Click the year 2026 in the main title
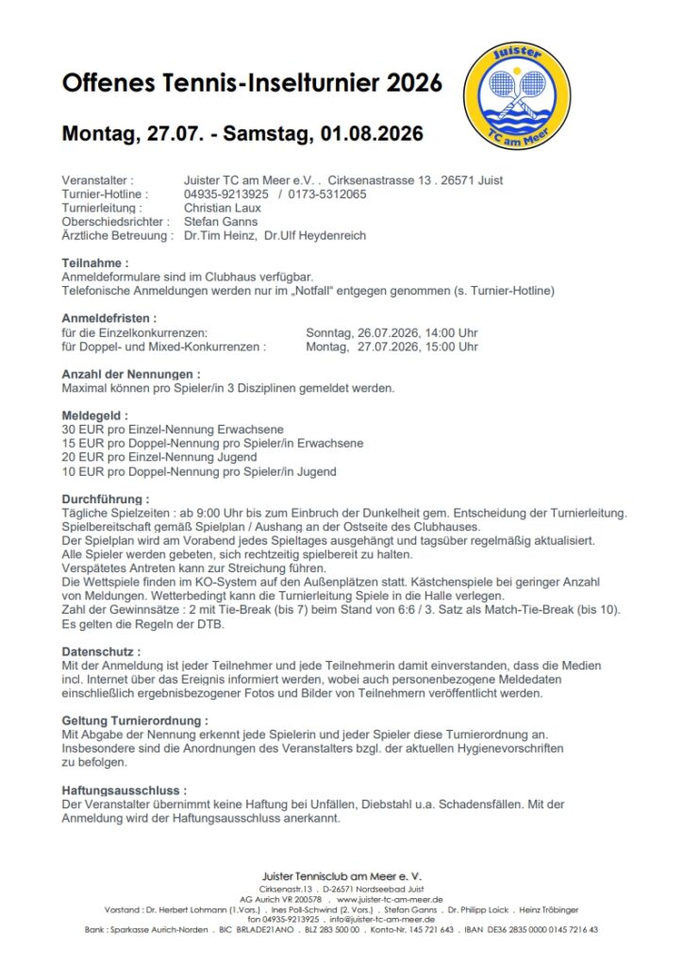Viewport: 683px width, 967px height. [x=413, y=83]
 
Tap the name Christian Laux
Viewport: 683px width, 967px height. [x=224, y=208]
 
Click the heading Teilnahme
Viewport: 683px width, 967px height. [x=95, y=263]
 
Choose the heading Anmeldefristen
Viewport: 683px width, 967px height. [x=108, y=318]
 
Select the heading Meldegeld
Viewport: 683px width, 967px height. [x=94, y=416]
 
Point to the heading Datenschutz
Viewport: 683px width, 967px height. [x=101, y=652]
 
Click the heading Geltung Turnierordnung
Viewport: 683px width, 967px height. [x=135, y=721]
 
